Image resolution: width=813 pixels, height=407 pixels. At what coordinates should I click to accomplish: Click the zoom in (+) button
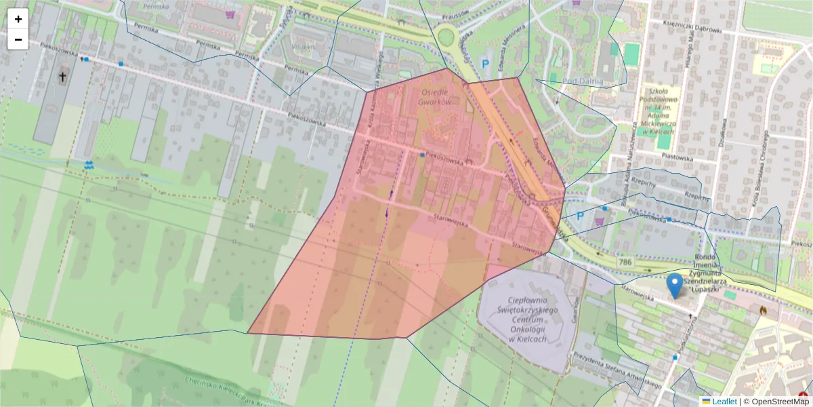18,19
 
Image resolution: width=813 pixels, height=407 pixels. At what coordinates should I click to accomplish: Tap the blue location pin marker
675,285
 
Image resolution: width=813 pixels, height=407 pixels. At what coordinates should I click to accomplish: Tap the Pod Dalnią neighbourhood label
583,81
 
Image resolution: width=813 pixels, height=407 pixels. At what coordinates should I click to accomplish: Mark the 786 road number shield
625,262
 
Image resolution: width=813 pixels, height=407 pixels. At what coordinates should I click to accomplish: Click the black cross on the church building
62,77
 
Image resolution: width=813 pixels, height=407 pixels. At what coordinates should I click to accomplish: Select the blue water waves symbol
89,164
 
